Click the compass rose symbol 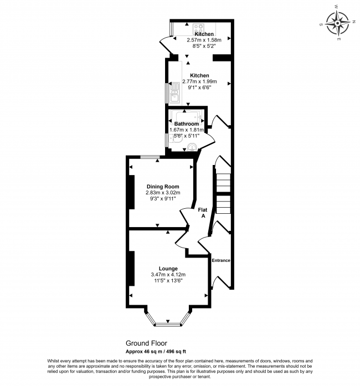pos(338,23)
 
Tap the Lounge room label pos(168,269)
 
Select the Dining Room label pos(163,187)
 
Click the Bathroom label pos(187,124)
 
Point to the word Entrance pos(221,260)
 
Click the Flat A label pos(203,213)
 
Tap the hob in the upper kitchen pos(198,27)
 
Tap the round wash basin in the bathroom pos(192,147)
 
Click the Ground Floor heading pos(146,343)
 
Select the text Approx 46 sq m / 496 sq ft pos(156,352)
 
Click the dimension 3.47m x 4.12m pos(168,275)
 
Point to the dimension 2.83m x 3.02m pos(163,193)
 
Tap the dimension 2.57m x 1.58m pos(204,40)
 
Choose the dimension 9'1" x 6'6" pos(200,88)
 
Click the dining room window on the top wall pos(150,157)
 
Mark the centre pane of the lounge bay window pos(168,325)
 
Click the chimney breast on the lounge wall pos(131,269)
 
